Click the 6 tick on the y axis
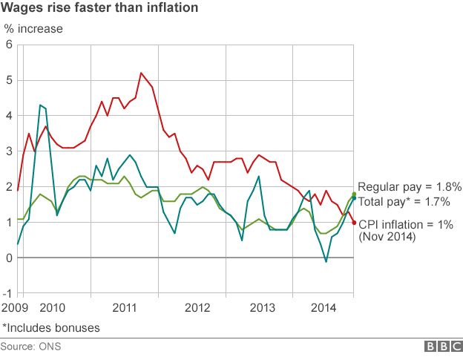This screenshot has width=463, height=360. tap(9, 45)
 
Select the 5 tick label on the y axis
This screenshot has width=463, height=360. tap(9, 80)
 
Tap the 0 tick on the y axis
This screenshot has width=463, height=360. tap(9, 258)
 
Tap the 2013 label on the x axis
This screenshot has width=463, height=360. tap(261, 307)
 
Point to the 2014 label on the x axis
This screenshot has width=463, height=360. tap(327, 307)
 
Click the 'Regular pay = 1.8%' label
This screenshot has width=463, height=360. tap(410, 187)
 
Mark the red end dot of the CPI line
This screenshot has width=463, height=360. tap(354, 223)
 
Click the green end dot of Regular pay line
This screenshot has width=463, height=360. tap(354, 194)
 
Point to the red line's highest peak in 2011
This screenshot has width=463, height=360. tap(141, 73)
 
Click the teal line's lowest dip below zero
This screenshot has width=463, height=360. tap(326, 261)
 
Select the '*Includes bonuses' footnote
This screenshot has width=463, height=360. tap(51, 327)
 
